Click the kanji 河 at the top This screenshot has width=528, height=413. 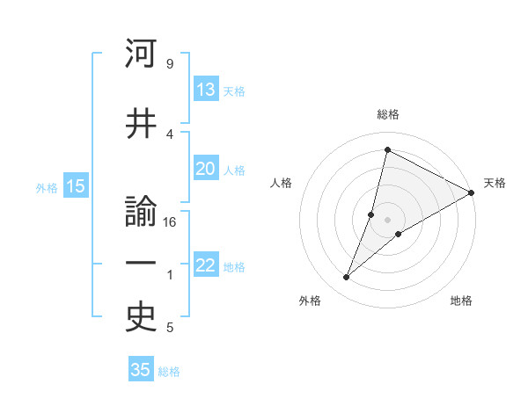pos(142,55)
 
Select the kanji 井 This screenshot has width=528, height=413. pos(142,124)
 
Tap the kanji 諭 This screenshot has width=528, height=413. pos(142,213)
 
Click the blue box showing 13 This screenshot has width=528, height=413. pos(206,90)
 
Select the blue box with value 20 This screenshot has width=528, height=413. pos(206,169)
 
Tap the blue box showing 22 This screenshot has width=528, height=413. pos(206,266)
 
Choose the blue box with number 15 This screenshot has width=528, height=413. pos(76,186)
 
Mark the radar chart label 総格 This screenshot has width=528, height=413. pos(388,114)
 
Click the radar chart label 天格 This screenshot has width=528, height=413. pos(495,183)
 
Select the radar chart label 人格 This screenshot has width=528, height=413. pos(282,183)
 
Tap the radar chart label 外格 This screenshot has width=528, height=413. pos(310,301)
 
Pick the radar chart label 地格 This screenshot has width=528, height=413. pos(461,301)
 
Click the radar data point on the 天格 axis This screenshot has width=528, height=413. pos(472,192)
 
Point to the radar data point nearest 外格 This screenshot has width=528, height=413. pos(347,278)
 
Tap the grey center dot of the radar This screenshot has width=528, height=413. pos(387,220)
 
